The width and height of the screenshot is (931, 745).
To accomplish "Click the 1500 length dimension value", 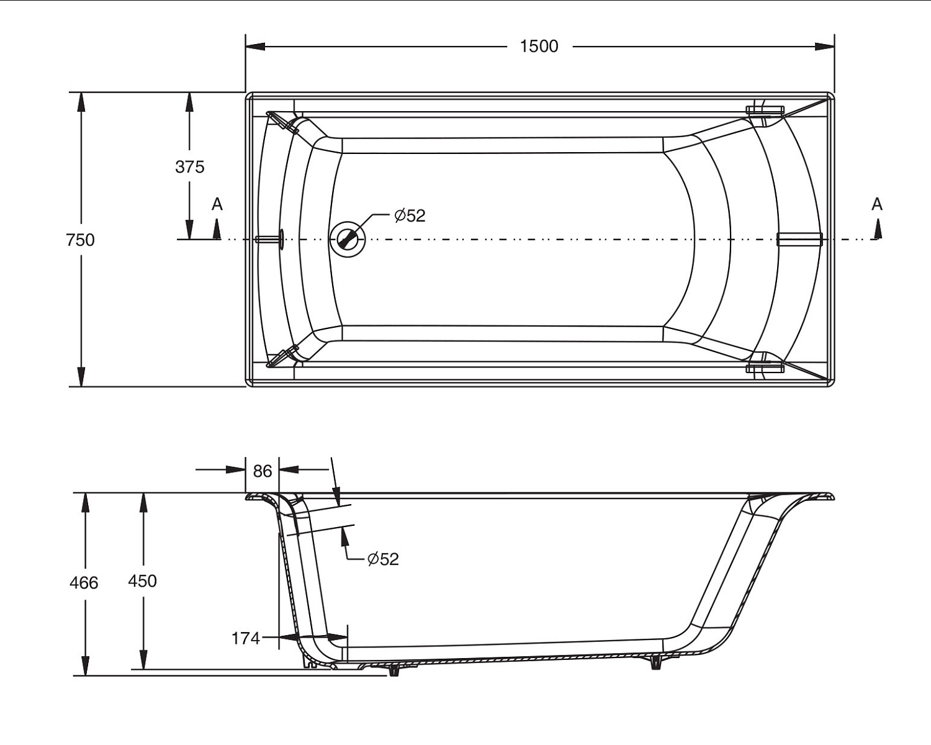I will [539, 47].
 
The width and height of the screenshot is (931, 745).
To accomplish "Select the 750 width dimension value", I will [80, 240].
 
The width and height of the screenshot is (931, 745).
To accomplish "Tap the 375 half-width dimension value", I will [189, 166].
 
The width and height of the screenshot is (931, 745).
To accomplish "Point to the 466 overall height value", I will [84, 582].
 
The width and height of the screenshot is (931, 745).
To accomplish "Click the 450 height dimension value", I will [142, 581].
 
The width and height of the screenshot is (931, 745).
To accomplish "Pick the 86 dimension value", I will [262, 471].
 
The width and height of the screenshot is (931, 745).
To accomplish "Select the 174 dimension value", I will [245, 638].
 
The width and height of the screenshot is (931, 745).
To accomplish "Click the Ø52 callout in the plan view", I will [410, 215].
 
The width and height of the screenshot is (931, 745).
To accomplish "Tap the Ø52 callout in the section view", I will [383, 559].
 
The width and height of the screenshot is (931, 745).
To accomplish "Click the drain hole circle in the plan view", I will [348, 239].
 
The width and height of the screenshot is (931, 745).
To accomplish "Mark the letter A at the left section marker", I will [217, 204].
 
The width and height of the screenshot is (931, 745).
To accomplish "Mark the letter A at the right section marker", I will [876, 204].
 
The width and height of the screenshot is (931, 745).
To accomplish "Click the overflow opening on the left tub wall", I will [281, 239].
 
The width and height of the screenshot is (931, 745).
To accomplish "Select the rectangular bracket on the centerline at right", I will [799, 239].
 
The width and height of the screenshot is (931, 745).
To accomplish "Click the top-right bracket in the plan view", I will [765, 110].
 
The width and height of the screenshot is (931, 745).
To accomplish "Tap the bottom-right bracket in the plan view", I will [765, 368].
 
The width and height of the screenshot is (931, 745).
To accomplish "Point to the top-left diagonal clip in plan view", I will [283, 120].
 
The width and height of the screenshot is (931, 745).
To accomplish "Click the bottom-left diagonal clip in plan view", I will [283, 357].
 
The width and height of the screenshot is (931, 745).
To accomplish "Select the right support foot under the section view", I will [655, 662].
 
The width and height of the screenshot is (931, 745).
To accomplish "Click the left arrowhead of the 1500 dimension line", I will [254, 47].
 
